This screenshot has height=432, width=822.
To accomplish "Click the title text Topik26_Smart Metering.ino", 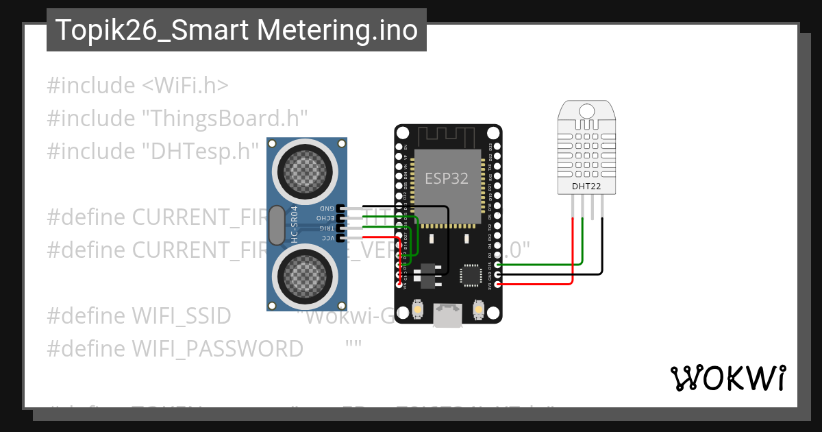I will (236, 30).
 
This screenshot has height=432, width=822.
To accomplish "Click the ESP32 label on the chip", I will (447, 178).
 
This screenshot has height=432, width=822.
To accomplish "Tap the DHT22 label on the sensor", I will (586, 186).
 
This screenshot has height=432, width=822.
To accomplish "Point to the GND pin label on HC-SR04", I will (327, 208).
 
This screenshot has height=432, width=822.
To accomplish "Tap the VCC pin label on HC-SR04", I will (327, 238).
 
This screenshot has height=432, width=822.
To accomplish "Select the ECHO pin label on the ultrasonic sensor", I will (325, 217).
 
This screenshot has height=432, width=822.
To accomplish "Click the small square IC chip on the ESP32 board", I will (471, 275).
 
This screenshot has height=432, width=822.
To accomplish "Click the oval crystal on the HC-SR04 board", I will (275, 226).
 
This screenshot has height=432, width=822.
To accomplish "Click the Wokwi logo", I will (727, 378).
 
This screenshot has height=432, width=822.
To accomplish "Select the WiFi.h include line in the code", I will (138, 86).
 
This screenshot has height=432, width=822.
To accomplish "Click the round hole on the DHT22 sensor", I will (586, 110).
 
